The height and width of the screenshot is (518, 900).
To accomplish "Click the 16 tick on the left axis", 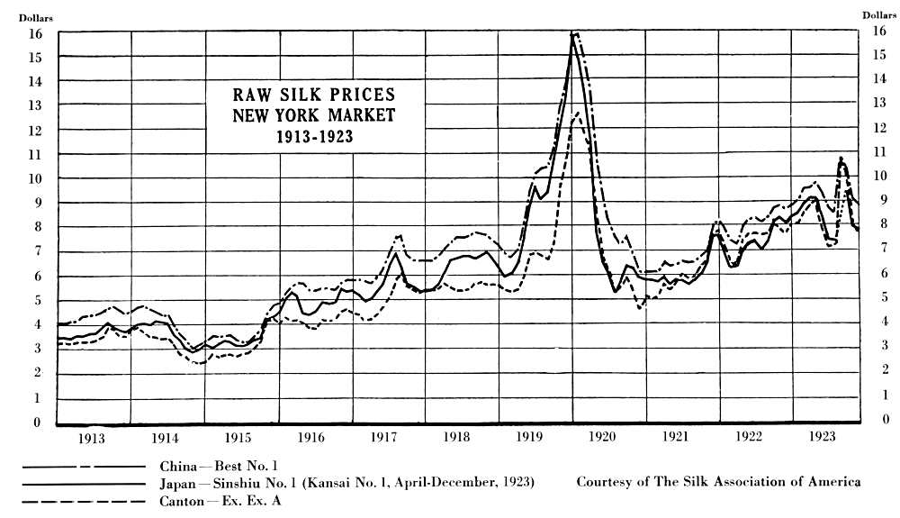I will (x=37, y=32).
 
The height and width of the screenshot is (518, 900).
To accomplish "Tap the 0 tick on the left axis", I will (x=37, y=422).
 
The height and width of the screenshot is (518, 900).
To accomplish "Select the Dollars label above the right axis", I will (x=879, y=15).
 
